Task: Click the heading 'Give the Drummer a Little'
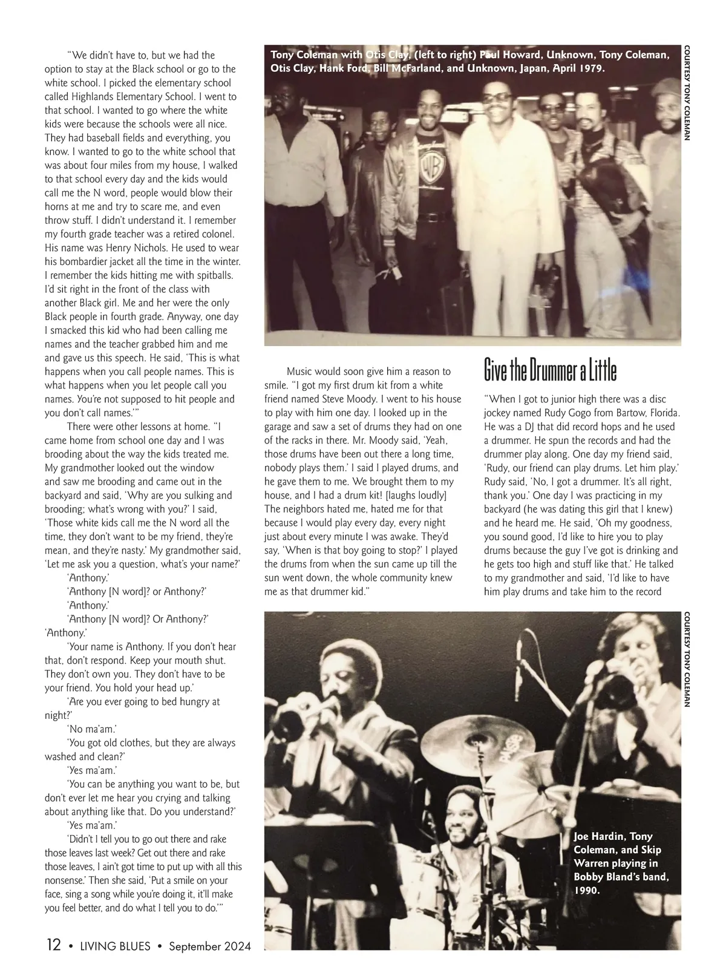point(550,370)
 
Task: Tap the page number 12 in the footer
point(53,945)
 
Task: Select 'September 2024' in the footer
point(209,945)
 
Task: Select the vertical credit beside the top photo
point(688,94)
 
